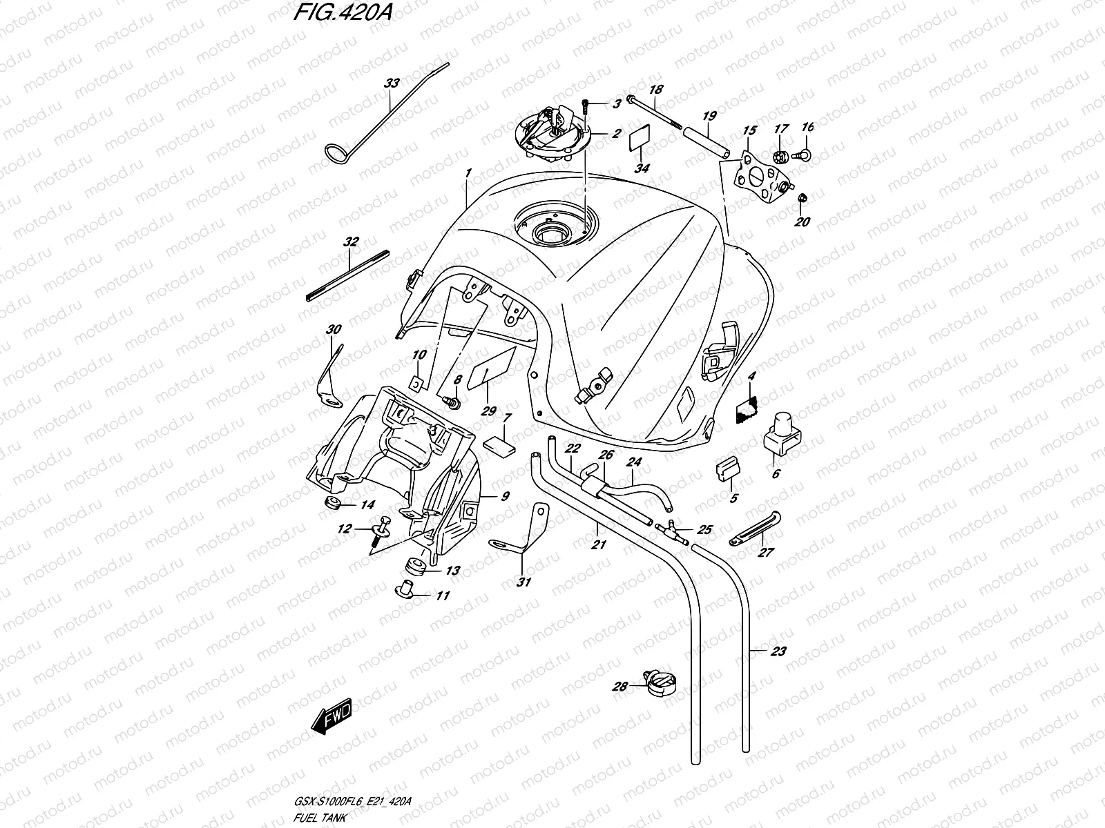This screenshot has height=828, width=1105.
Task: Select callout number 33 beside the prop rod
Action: click(392, 83)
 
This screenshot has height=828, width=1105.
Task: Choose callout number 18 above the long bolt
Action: click(656, 89)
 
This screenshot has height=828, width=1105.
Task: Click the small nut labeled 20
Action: click(803, 199)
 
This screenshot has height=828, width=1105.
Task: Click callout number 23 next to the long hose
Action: click(778, 651)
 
